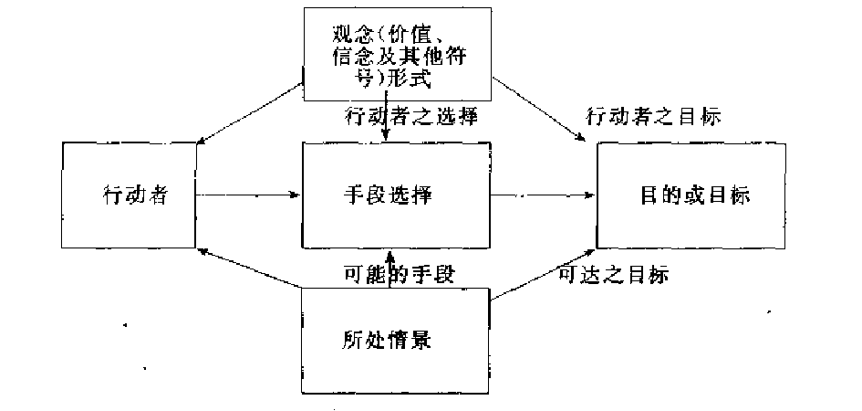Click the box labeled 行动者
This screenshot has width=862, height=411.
tap(130, 195)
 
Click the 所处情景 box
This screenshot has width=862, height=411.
tap(394, 341)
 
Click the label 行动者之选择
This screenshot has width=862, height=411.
tap(411, 117)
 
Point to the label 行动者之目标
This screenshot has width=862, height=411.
tap(653, 117)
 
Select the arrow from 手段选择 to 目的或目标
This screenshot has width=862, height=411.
tap(544, 195)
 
